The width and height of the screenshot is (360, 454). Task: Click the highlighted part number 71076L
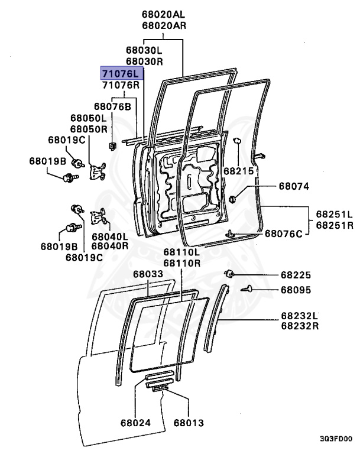[x=121, y=73]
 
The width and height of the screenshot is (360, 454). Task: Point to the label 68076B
[x=112, y=106]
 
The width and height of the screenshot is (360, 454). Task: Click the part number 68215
[x=238, y=170]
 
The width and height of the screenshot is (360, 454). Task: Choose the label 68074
[x=294, y=187]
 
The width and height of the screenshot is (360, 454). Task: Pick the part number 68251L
[x=334, y=214]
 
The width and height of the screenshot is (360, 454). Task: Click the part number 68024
[x=135, y=423]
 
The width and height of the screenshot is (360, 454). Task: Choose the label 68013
[x=189, y=423]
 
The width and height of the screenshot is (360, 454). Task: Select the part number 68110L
[x=182, y=253]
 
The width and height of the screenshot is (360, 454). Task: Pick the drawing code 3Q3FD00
[x=336, y=439]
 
